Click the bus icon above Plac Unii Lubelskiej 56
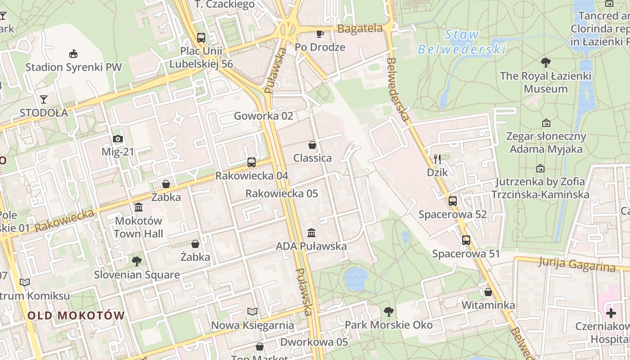(x=201, y=38)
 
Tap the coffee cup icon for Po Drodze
(x=320, y=34)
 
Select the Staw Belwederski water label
(x=462, y=42)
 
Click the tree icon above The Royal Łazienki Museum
(x=546, y=63)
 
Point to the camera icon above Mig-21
(x=118, y=139)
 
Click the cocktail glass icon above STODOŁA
(x=44, y=99)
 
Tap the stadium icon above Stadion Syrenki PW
(x=73, y=54)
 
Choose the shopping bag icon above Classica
(x=312, y=145)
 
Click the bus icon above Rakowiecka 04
(x=252, y=162)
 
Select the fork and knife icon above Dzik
(x=437, y=159)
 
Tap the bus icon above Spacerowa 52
(x=453, y=201)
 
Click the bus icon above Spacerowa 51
(x=466, y=240)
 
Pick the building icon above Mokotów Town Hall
(x=139, y=207)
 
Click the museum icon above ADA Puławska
(x=311, y=233)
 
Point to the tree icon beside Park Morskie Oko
(x=388, y=311)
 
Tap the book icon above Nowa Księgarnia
(x=252, y=312)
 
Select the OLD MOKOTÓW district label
(x=76, y=315)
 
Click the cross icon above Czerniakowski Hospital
(x=611, y=313)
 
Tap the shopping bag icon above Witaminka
(x=488, y=292)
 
